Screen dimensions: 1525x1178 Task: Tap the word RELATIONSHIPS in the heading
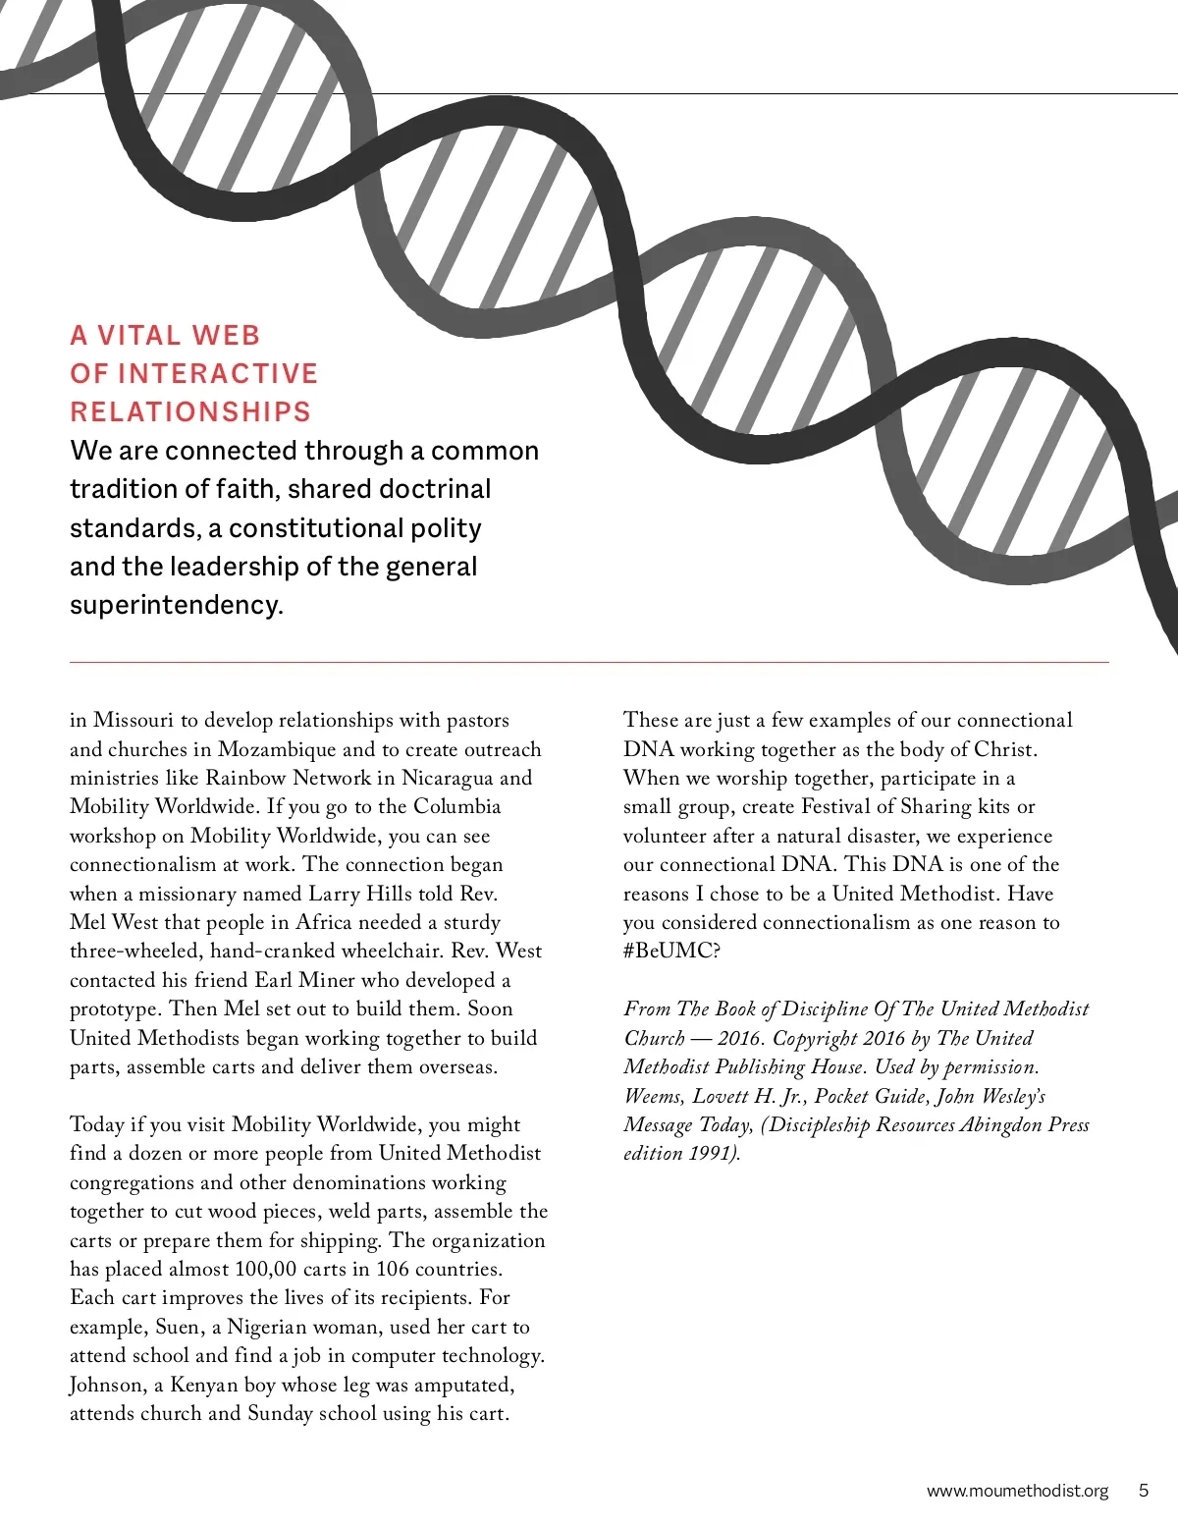[x=190, y=411]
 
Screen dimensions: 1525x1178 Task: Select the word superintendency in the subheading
[x=176, y=605]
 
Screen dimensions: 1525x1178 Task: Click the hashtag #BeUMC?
[x=671, y=951]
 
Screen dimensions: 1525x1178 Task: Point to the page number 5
[x=1143, y=1490]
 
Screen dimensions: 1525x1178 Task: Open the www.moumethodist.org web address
[x=1017, y=1491]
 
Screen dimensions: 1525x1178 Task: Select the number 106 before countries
[x=393, y=1269]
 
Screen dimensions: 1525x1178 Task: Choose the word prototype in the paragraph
[x=113, y=1009]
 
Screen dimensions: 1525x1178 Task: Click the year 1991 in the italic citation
[x=709, y=1153]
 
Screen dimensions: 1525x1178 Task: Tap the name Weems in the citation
[x=653, y=1096]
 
